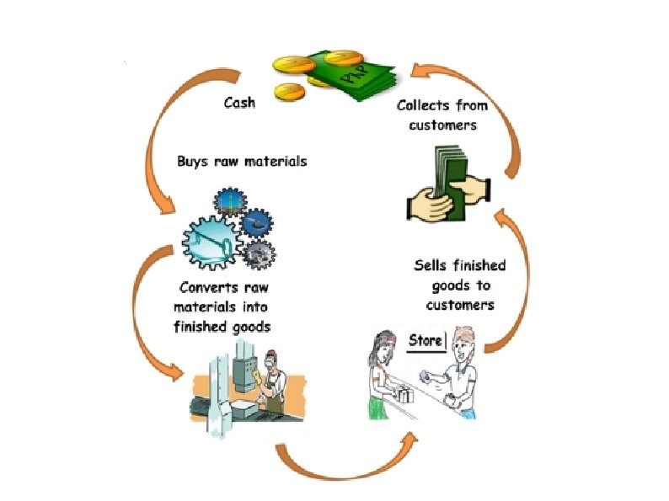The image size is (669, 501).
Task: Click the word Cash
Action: click(239, 104)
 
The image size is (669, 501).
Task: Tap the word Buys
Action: click(194, 160)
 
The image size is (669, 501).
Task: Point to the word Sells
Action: click(431, 266)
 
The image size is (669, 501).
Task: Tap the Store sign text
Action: click(425, 340)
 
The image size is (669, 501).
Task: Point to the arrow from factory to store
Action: click(345, 459)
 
